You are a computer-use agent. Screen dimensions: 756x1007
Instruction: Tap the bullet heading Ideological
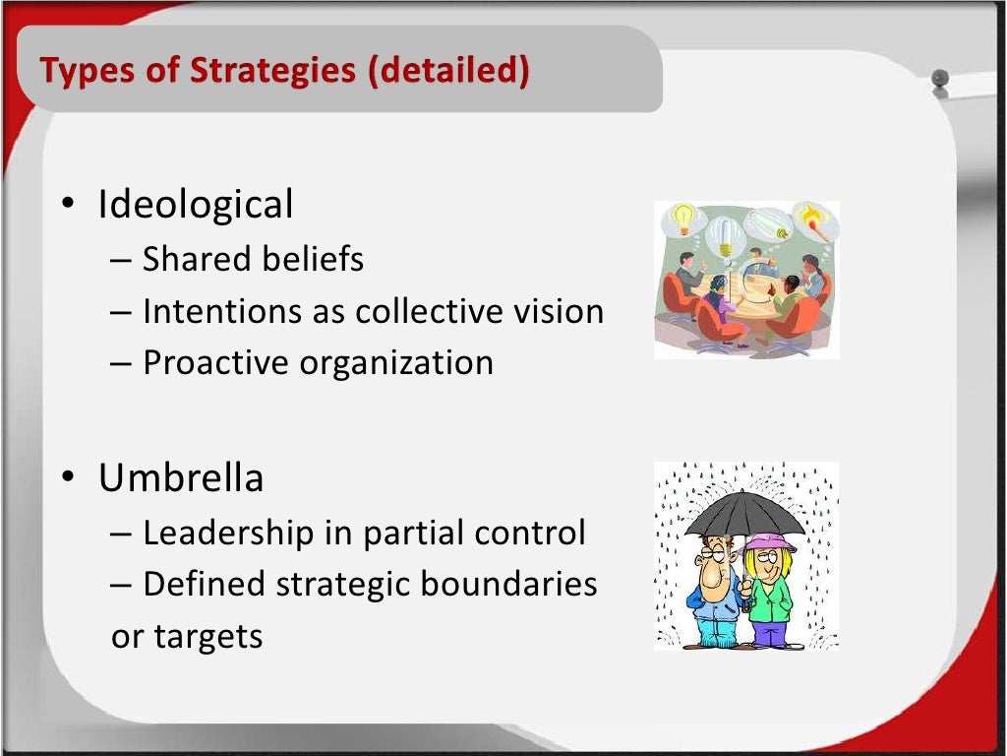pyautogui.click(x=196, y=205)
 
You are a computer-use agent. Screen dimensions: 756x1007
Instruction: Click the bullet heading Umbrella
pyautogui.click(x=181, y=478)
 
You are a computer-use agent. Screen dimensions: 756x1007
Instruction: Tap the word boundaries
pyautogui.click(x=509, y=585)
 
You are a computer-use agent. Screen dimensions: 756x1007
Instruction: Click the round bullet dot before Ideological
pyautogui.click(x=68, y=206)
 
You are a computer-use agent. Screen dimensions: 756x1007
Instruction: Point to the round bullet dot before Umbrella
pyautogui.click(x=68, y=478)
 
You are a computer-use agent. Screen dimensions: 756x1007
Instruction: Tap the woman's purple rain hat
pyautogui.click(x=769, y=542)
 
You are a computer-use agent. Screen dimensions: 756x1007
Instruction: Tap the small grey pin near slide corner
pyautogui.click(x=940, y=79)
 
